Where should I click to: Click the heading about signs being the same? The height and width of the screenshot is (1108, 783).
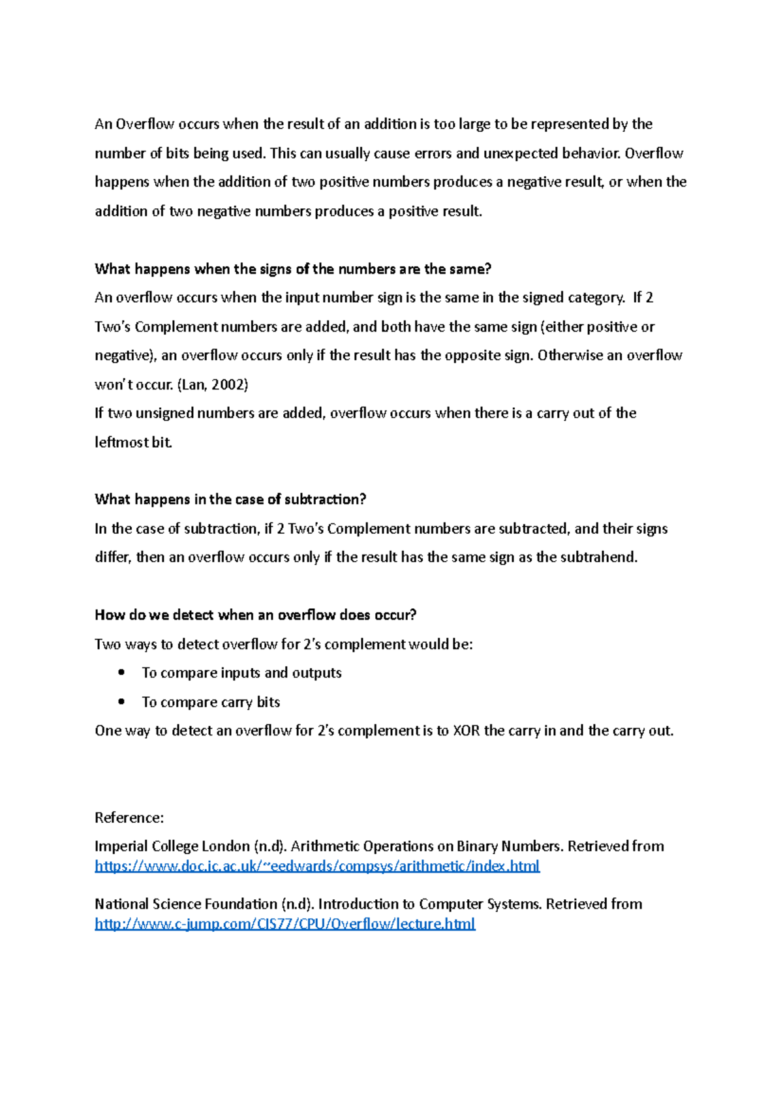tap(292, 269)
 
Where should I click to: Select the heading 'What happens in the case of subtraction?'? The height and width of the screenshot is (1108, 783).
tap(230, 499)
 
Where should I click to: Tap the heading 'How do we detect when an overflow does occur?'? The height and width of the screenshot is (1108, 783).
tap(255, 615)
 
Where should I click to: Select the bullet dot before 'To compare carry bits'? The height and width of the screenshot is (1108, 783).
tap(121, 701)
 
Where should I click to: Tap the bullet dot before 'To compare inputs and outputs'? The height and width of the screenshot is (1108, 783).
tap(121, 672)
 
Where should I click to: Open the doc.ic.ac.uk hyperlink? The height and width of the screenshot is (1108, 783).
tap(317, 866)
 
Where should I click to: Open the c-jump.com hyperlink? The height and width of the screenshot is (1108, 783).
tap(284, 923)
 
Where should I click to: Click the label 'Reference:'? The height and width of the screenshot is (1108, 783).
tap(129, 818)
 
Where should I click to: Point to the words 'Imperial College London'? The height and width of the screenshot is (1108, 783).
tap(172, 846)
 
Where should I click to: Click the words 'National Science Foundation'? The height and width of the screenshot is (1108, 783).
tap(186, 904)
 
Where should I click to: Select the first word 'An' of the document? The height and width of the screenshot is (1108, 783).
tap(103, 124)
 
